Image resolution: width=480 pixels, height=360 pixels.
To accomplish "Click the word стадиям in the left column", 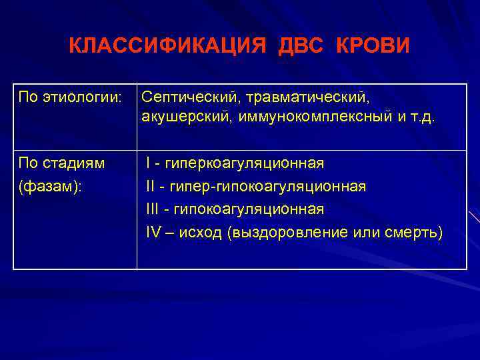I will pyautogui.click(x=81, y=163).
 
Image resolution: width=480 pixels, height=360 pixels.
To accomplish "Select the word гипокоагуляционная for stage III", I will pyautogui.click(x=249, y=209).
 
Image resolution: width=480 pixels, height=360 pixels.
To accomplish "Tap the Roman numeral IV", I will pyautogui.click(x=153, y=233).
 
